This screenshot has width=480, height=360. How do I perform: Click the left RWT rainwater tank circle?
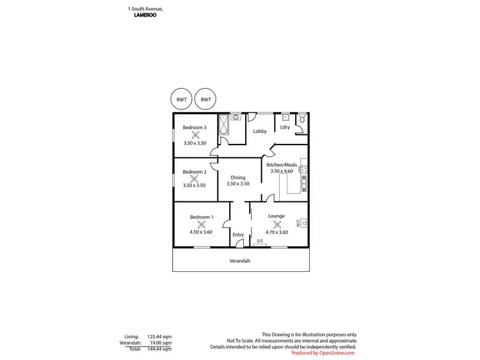(182, 100)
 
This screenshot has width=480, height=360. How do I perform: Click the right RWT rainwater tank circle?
(205, 100)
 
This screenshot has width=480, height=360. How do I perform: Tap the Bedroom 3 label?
(195, 127)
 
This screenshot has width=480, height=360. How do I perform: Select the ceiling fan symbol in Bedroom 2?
(195, 179)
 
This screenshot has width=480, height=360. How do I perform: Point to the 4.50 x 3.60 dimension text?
(201, 232)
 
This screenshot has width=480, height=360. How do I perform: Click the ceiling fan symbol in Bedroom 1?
(201, 224)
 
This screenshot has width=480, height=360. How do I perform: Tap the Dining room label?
(238, 177)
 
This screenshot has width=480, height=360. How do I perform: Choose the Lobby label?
(260, 132)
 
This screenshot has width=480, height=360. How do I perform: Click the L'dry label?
(285, 127)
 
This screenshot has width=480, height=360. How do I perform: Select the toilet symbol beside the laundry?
(302, 119)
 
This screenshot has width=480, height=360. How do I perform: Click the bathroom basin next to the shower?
(235, 118)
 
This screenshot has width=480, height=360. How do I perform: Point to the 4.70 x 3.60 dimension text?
(276, 232)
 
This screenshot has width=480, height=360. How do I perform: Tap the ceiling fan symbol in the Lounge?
(276, 224)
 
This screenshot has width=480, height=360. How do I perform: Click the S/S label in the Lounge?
(259, 241)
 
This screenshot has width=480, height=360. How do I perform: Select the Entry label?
(238, 235)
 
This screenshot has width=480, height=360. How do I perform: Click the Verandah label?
(240, 261)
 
